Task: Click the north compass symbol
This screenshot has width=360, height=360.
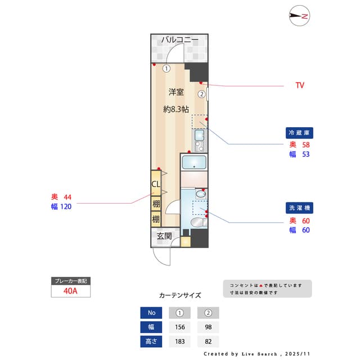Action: (299, 16)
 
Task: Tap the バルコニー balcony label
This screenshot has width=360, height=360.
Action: (180, 40)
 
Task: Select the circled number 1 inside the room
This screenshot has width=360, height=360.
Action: (166, 69)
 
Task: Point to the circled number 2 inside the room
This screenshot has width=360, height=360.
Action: (201, 94)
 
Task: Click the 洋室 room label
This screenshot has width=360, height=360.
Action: (176, 92)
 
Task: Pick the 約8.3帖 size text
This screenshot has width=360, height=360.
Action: (176, 109)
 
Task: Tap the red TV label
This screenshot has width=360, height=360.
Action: (300, 85)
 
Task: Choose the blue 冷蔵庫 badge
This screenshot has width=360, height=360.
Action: (299, 133)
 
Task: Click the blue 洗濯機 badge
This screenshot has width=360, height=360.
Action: (299, 208)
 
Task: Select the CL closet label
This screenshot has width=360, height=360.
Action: (156, 184)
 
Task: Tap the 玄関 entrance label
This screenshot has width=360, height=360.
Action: (164, 236)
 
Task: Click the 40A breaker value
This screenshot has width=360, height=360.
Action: (70, 291)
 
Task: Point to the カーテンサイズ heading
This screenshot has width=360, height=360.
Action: (180, 295)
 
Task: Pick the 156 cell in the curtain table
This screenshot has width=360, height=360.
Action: (180, 327)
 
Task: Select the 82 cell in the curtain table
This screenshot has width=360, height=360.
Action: (208, 341)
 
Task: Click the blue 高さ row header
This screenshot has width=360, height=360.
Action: (151, 341)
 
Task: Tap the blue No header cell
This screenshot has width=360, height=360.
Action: (151, 313)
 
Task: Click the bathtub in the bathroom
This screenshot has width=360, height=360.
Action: (194, 163)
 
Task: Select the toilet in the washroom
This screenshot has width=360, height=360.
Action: (199, 222)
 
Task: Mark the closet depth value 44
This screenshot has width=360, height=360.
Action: (67, 197)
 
